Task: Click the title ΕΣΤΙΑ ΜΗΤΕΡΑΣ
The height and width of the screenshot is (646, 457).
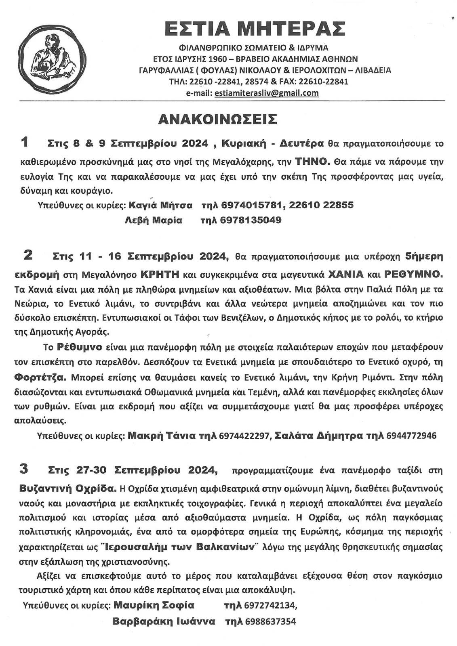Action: point(255,29)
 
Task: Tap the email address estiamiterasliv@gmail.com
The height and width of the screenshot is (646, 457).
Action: point(267,93)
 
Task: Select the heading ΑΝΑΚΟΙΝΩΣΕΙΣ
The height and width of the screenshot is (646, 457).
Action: point(218,120)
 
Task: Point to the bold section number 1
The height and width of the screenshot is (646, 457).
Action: point(25,142)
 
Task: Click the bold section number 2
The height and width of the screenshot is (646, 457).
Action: point(28,255)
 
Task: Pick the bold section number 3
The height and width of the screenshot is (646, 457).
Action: point(24,469)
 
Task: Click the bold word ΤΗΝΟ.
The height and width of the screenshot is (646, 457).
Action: point(313,161)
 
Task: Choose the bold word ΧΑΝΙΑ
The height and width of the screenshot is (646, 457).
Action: point(346,275)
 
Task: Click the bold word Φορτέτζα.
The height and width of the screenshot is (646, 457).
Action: point(40,378)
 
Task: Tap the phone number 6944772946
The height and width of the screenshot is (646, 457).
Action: point(411,436)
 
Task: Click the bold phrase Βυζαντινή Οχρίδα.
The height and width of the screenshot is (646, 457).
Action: point(67,488)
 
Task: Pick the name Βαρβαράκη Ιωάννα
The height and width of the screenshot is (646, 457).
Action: point(163,621)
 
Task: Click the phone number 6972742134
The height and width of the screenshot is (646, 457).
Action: point(271,606)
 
